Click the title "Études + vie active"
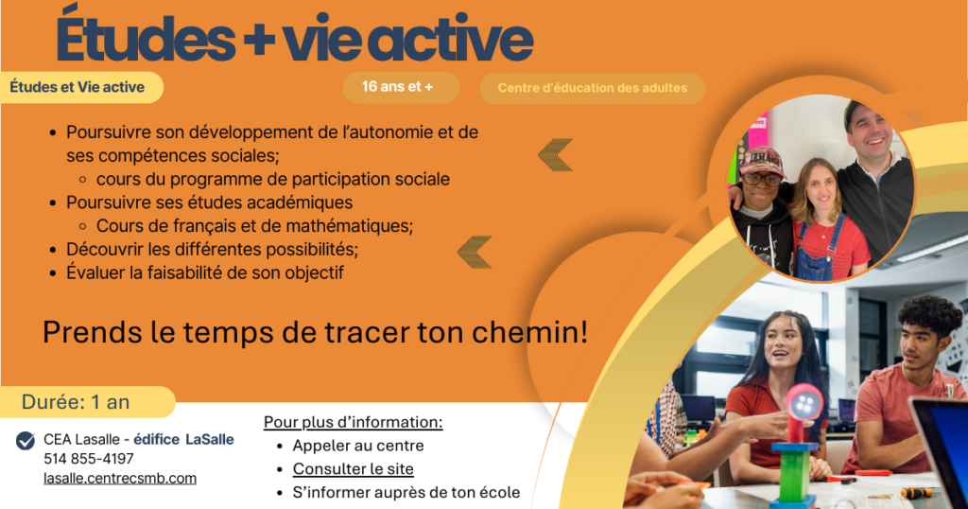point(295,37)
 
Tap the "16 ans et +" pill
point(401,87)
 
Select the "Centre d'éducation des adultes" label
point(592,88)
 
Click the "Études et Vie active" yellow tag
point(79,87)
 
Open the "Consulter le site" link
point(354,469)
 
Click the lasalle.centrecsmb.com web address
point(120,478)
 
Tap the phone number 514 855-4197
point(88,459)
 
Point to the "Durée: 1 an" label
point(76,402)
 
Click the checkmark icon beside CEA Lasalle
point(26,441)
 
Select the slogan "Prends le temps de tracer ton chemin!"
point(315,332)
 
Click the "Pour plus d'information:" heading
point(354,422)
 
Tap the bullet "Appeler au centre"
point(358,446)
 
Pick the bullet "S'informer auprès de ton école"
point(406,492)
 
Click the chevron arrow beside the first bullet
point(555,155)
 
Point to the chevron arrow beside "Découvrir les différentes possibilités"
point(475,252)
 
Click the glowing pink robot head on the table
point(804,405)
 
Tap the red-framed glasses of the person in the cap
point(762,179)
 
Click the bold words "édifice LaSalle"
point(184,439)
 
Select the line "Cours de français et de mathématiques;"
point(254,226)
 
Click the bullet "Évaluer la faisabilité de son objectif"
point(205,272)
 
